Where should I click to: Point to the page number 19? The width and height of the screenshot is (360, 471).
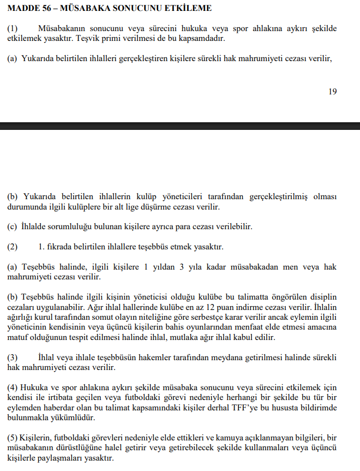(x=332, y=92)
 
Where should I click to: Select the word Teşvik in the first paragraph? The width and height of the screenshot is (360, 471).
(x=91, y=39)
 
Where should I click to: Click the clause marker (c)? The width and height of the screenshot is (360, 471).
(x=12, y=226)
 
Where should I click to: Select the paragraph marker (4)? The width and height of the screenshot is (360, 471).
(x=13, y=387)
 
